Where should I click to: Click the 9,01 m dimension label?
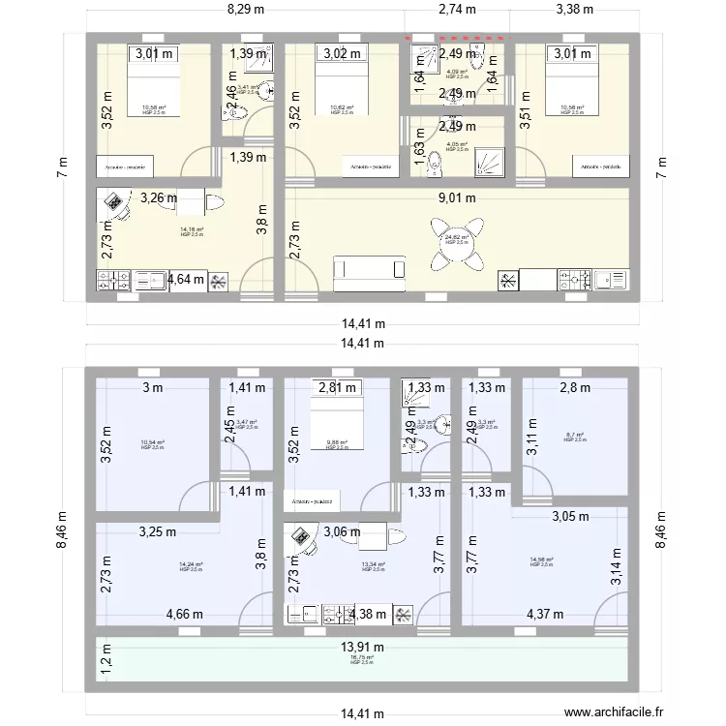click(458, 198)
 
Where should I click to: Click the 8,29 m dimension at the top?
click(246, 11)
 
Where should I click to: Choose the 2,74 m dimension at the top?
click(457, 11)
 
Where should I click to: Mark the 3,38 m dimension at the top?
click(575, 11)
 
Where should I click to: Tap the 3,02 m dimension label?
click(342, 54)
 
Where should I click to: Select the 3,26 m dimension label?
click(158, 198)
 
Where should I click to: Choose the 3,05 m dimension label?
click(570, 517)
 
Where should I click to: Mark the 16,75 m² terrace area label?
click(361, 659)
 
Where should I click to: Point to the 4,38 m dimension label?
click(368, 614)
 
